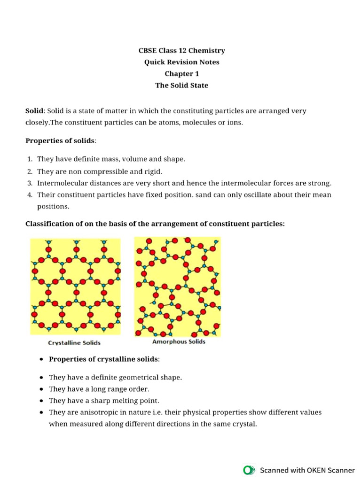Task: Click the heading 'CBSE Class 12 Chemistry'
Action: pyautogui.click(x=181, y=50)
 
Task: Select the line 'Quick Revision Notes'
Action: pyautogui.click(x=181, y=62)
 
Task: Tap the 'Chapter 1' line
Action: pyautogui.click(x=181, y=74)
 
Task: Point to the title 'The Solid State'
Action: pyautogui.click(x=181, y=85)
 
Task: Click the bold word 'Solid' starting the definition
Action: pyautogui.click(x=34, y=111)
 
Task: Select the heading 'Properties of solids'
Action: pyautogui.click(x=60, y=140)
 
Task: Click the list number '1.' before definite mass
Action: pyautogui.click(x=30, y=159)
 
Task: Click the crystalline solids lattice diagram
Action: pyautogui.click(x=75, y=287)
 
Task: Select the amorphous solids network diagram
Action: pyautogui.click(x=177, y=287)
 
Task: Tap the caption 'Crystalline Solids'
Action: pyautogui.click(x=75, y=343)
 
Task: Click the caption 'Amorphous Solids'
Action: pyautogui.click(x=179, y=342)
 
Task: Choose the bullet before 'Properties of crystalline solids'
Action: pyautogui.click(x=42, y=359)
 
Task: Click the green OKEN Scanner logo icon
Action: pyautogui.click(x=248, y=470)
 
